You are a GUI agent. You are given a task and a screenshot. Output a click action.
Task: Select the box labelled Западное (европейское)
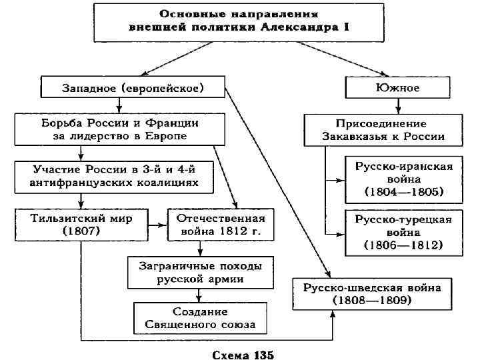click(x=133, y=87)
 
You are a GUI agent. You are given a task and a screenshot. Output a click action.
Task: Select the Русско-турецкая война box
click(x=404, y=232)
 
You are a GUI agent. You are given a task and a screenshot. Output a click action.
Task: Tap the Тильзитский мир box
click(x=81, y=224)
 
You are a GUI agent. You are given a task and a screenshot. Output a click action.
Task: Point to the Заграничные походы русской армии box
click(x=200, y=271)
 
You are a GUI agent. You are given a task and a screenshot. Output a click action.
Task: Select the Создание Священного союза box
click(x=200, y=318)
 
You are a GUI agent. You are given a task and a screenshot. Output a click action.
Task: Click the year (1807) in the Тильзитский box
click(x=81, y=231)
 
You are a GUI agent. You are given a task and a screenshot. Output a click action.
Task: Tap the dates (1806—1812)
click(x=404, y=245)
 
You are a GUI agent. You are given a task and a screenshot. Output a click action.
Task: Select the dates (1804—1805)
click(x=404, y=193)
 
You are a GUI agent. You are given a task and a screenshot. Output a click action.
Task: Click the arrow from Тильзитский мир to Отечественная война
click(x=157, y=225)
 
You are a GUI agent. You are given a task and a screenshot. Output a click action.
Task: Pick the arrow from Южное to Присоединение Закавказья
click(x=399, y=105)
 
